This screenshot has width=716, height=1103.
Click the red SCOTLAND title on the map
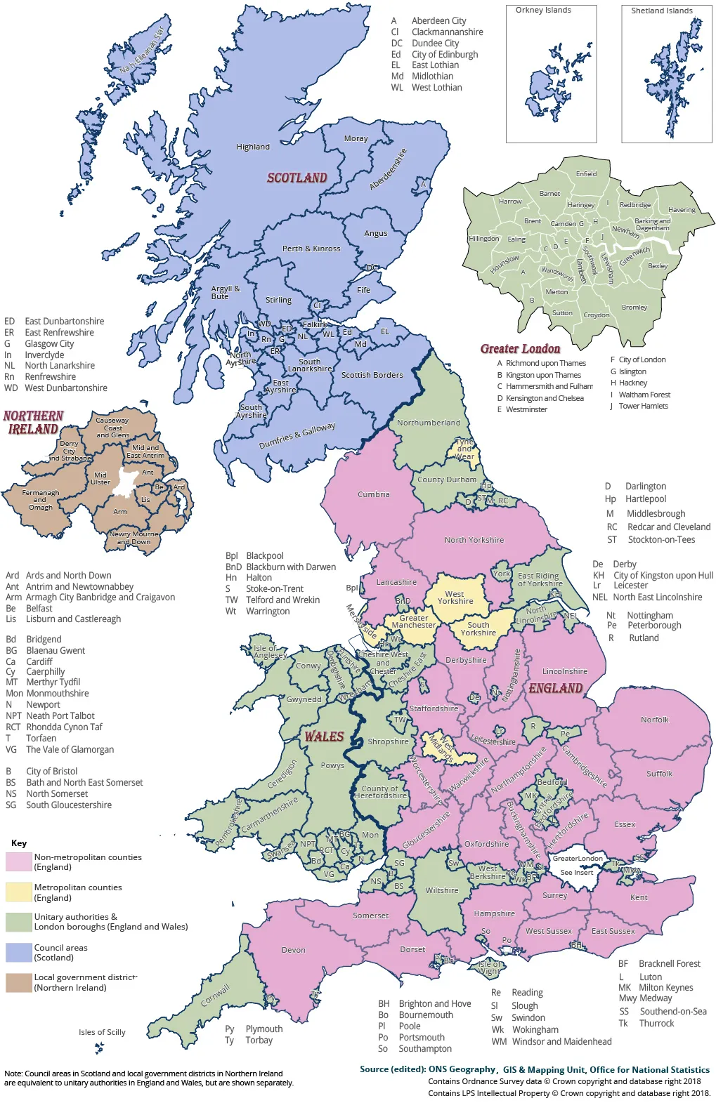(x=297, y=178)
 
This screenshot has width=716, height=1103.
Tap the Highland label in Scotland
(x=253, y=147)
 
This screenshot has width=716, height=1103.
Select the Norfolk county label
(x=654, y=720)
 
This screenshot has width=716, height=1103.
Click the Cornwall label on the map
(x=216, y=995)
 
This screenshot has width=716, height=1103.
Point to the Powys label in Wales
(x=332, y=765)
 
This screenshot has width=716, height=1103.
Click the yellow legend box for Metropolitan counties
(x=19, y=892)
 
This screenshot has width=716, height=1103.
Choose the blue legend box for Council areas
(x=19, y=953)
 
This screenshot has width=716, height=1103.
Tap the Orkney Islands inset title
(x=543, y=11)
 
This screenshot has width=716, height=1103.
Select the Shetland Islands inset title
(x=661, y=11)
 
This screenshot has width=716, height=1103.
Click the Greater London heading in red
(x=520, y=348)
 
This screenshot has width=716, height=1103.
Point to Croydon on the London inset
(x=597, y=315)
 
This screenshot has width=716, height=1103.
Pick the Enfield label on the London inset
(x=586, y=173)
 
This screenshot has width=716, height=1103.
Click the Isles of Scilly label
(x=102, y=1032)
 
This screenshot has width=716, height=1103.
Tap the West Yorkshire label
(x=455, y=597)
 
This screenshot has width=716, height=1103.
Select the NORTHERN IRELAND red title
(x=33, y=422)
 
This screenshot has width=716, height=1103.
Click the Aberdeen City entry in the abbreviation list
(x=438, y=20)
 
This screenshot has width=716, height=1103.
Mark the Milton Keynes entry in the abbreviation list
(x=665, y=987)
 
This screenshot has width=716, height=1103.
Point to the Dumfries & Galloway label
(x=297, y=435)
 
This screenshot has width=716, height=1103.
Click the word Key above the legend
(x=19, y=843)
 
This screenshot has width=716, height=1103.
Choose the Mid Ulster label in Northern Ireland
(x=100, y=478)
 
